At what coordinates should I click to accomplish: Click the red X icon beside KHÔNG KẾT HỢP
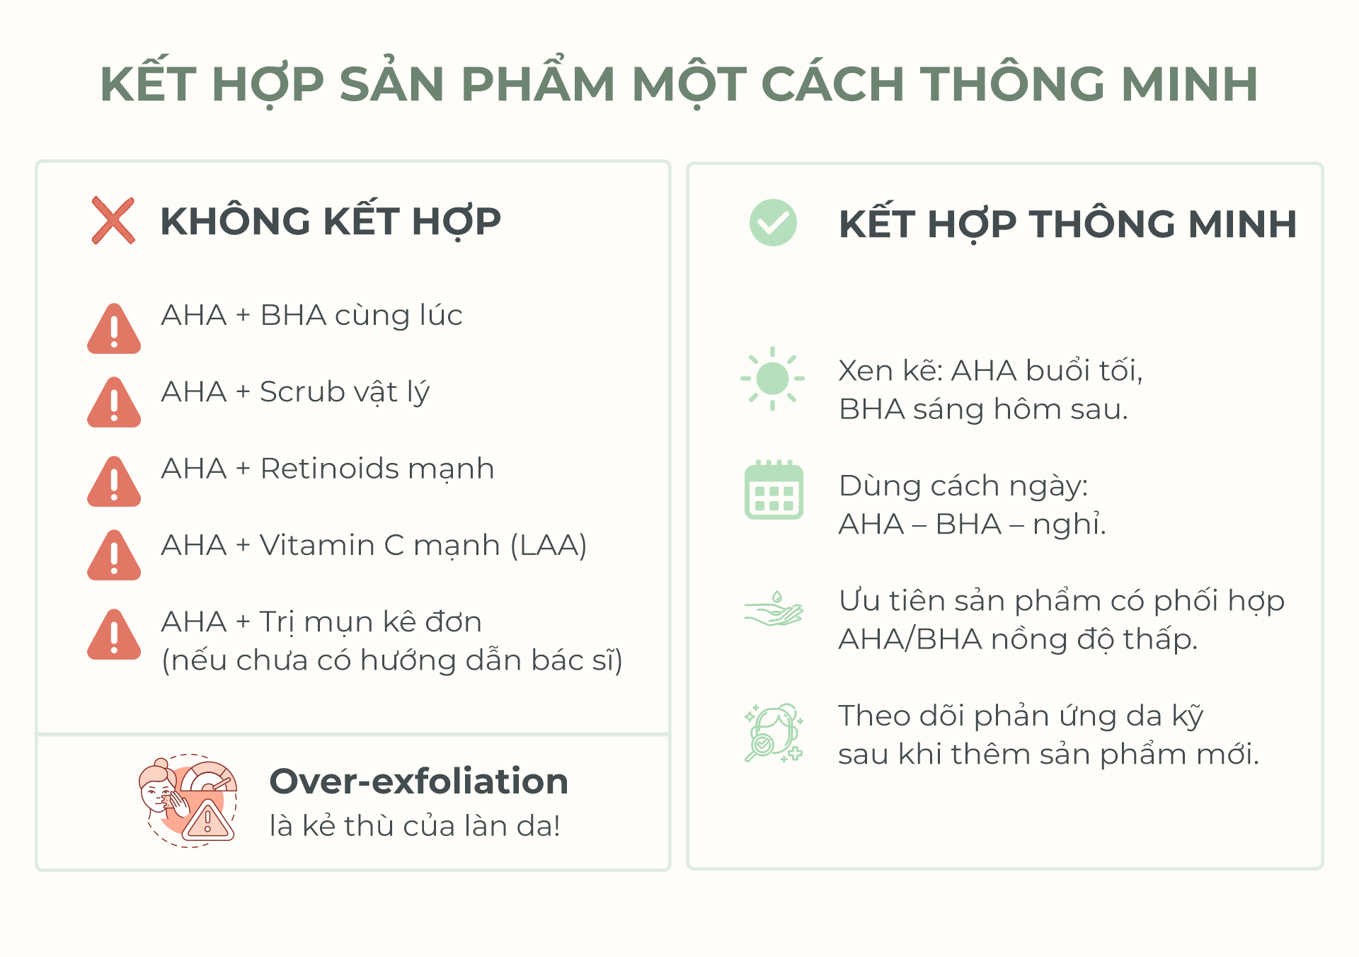(113, 221)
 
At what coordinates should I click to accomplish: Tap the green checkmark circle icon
(773, 222)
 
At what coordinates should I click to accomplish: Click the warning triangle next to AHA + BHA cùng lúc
(114, 330)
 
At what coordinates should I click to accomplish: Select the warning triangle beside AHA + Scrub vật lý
(114, 403)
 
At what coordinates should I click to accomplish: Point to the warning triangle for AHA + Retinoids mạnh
(114, 483)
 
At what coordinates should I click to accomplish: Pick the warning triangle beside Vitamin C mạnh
(114, 556)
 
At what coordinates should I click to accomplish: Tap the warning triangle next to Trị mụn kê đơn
(114, 636)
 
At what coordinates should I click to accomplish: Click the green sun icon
(772, 378)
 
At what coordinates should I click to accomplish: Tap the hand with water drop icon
(774, 610)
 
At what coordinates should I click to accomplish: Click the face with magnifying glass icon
(774, 733)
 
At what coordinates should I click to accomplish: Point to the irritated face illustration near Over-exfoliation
(188, 801)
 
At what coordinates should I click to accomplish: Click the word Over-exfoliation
(419, 781)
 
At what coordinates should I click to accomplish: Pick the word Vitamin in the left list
(316, 546)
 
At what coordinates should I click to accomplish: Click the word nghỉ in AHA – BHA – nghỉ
(1069, 525)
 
